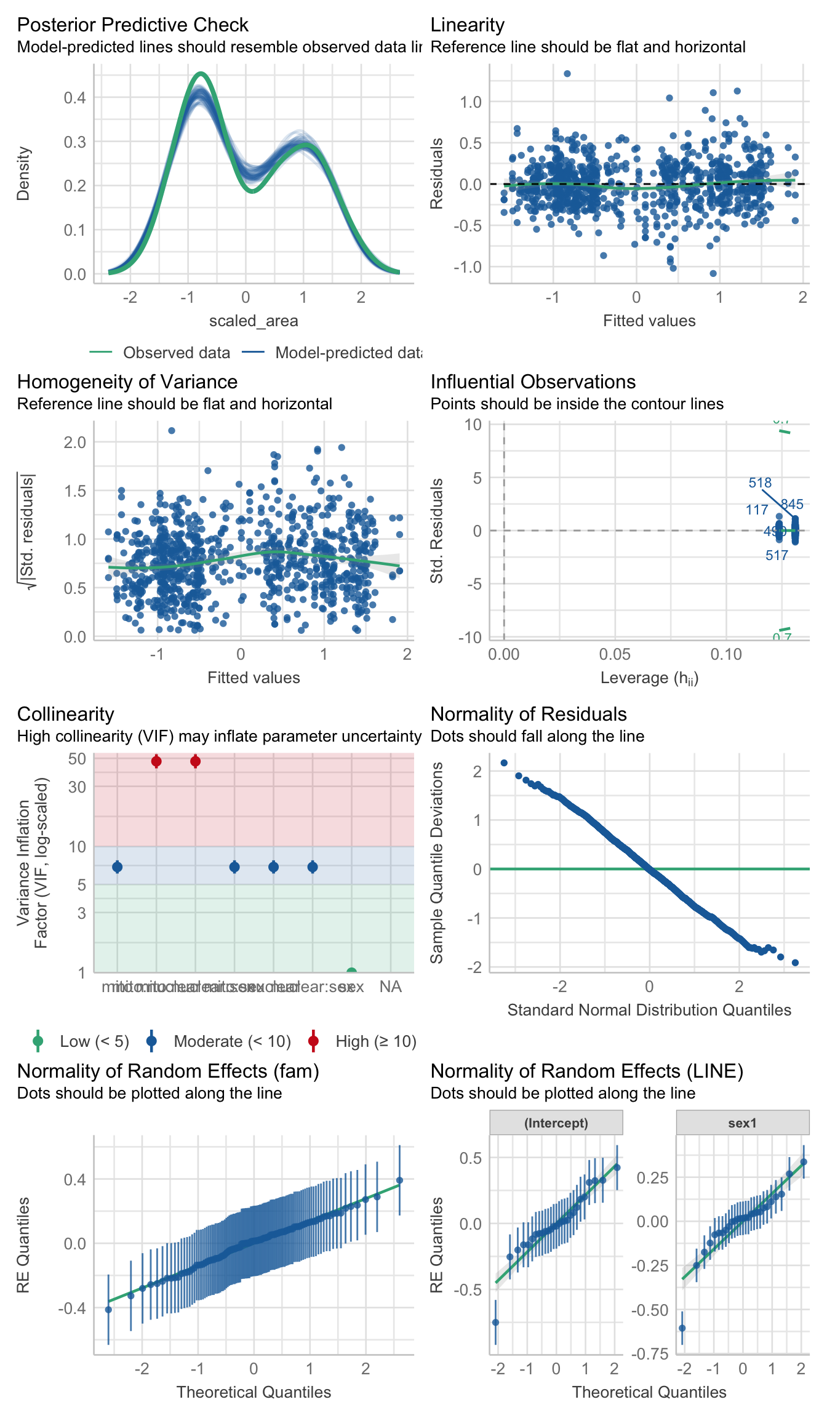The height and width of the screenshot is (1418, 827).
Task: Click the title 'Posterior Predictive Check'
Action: tap(132, 25)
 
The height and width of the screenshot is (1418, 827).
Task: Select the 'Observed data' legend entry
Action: tap(176, 353)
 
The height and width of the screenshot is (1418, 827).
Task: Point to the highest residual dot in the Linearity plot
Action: tap(567, 74)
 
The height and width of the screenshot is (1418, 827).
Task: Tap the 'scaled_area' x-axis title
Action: tap(254, 321)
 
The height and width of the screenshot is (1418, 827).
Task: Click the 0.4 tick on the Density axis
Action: tap(74, 98)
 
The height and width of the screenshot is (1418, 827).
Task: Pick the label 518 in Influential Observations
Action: tap(760, 483)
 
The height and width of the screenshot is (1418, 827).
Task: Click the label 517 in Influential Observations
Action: tap(777, 556)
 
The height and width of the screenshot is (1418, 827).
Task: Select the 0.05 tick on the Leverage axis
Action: tap(615, 654)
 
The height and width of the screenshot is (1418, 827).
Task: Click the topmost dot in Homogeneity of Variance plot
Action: tap(172, 431)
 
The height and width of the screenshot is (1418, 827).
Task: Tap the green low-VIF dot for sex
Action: tap(351, 972)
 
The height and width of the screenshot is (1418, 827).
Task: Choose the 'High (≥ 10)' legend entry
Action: tap(375, 1041)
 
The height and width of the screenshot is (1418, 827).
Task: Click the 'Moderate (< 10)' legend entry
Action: tap(232, 1041)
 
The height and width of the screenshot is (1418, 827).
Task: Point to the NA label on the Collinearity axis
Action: tap(391, 987)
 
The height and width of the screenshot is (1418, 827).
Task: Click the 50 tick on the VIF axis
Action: tap(77, 759)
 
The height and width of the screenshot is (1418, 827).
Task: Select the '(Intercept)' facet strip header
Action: tap(556, 1123)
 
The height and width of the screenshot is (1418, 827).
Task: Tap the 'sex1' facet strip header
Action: tap(742, 1123)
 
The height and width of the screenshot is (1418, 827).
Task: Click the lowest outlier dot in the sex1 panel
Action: tap(682, 1328)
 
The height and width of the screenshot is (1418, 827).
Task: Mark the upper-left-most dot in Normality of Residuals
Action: tap(504, 763)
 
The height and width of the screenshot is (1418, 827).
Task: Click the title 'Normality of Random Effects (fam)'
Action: tap(168, 1072)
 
